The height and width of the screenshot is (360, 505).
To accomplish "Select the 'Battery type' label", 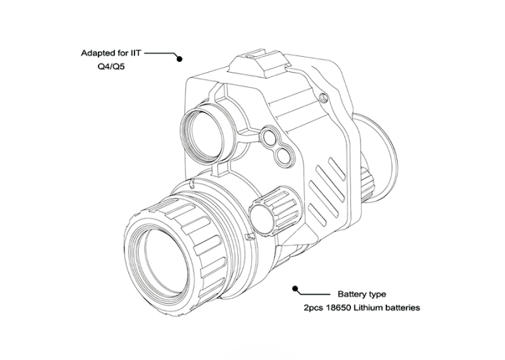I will point(361,294).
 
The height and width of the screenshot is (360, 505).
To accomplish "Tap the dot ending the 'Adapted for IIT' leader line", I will point(179,58).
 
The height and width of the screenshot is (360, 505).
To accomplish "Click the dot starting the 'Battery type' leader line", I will point(294,288).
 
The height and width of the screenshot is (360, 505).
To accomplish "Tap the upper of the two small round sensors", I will point(269,136).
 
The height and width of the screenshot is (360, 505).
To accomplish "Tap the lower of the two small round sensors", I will point(282,153).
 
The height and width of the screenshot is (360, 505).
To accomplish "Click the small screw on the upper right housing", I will point(323,96).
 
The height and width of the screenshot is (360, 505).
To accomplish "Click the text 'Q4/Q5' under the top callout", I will point(111,66).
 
